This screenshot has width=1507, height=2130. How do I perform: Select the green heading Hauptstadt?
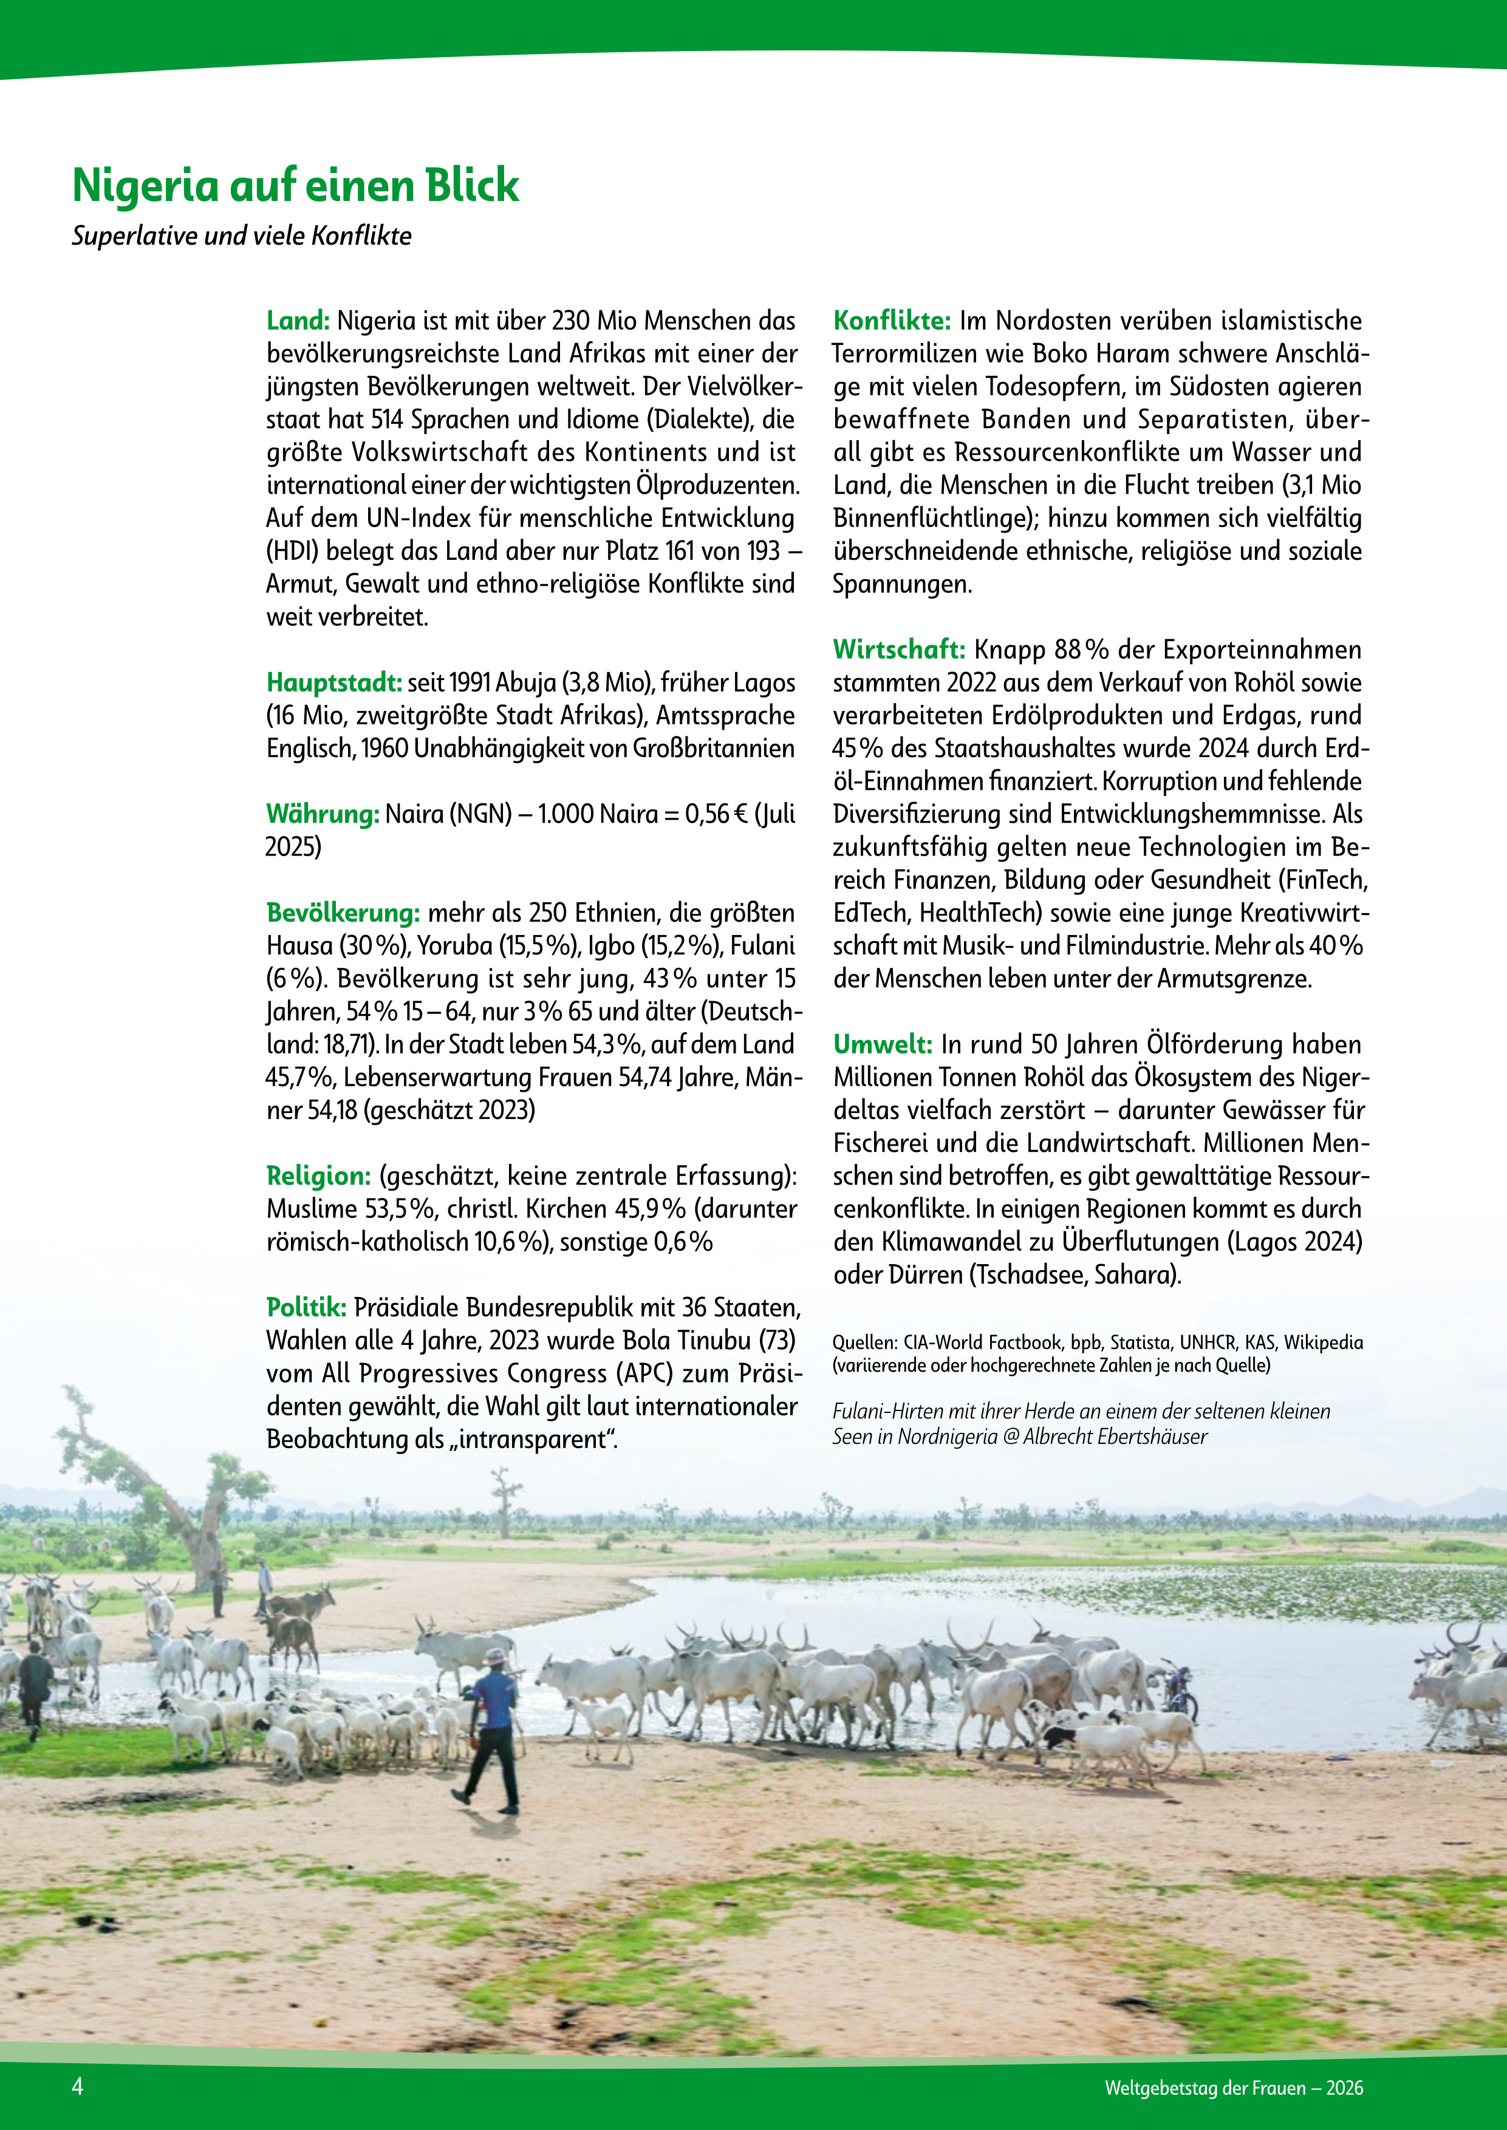click(x=333, y=683)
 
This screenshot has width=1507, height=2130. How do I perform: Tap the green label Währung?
click(x=322, y=814)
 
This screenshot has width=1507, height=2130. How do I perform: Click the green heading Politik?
click(x=306, y=1308)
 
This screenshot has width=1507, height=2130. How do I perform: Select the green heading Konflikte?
click(x=891, y=321)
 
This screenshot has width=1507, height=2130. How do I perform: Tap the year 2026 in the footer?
click(x=1344, y=2088)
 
